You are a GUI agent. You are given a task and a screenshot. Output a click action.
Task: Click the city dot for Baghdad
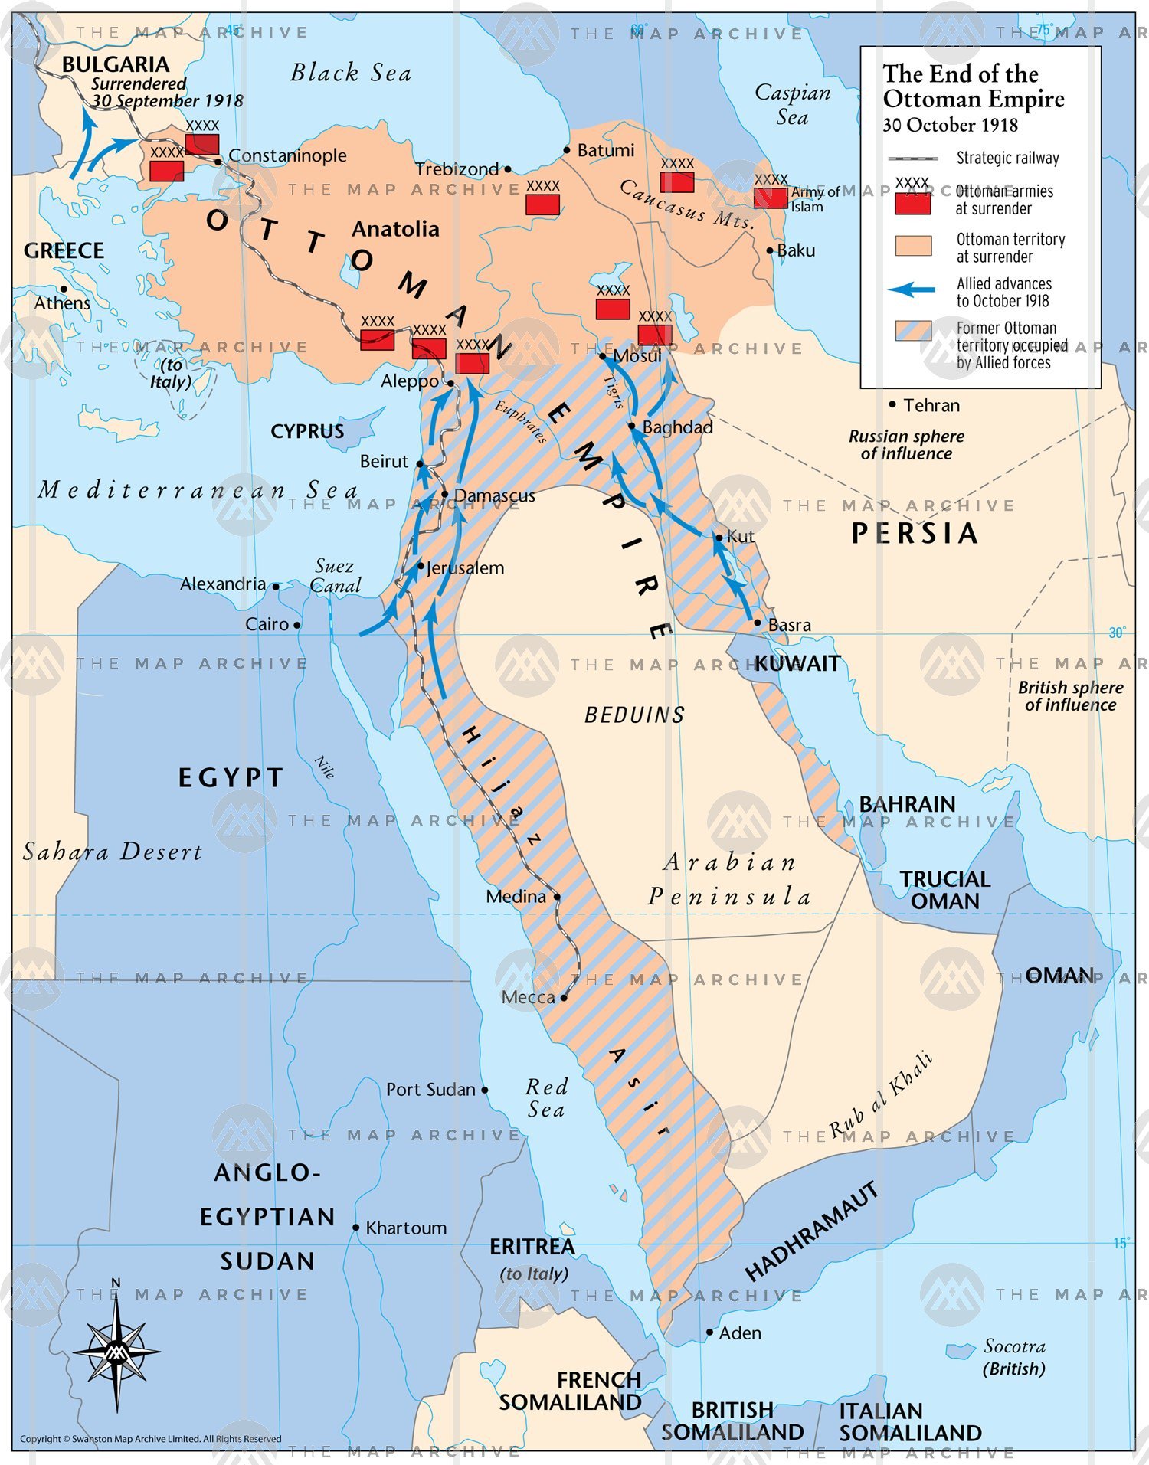[632, 426]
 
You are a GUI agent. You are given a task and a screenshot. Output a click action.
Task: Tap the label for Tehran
[931, 405]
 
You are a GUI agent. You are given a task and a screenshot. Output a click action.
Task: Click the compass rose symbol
[116, 1352]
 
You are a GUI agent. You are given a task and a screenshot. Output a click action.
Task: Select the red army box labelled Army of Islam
[770, 198]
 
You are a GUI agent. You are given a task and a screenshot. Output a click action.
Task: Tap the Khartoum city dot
[356, 1227]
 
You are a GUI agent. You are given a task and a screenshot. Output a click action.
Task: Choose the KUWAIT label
[797, 663]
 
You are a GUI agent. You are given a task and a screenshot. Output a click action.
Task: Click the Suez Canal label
[336, 576]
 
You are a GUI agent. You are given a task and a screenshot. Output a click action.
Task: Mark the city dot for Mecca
[564, 997]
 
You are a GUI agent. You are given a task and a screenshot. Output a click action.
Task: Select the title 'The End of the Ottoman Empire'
[973, 86]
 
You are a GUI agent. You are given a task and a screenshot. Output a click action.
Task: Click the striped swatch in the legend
[913, 331]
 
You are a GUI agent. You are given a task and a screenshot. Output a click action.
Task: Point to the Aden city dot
[710, 1333]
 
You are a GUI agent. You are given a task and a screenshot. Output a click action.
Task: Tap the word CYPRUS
[307, 431]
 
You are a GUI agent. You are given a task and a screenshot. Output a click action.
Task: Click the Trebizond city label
[457, 169]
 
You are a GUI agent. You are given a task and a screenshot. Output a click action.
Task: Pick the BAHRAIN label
[907, 804]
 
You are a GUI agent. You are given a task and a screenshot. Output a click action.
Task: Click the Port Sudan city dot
[485, 1090]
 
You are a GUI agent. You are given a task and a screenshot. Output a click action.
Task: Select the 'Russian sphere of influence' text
[906, 444]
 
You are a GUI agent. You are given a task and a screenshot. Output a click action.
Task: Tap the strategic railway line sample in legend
[912, 159]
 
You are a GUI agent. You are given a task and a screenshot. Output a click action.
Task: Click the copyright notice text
[150, 1439]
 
